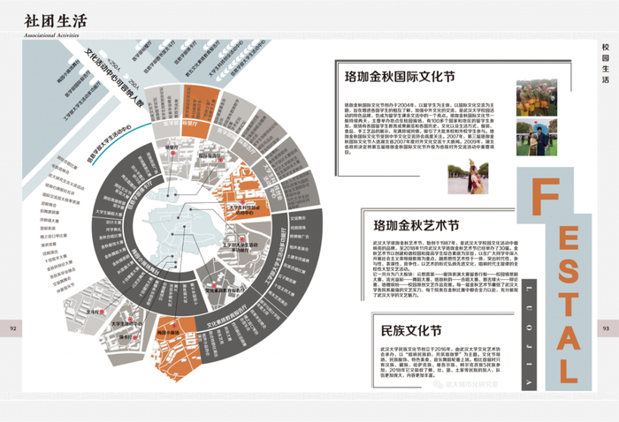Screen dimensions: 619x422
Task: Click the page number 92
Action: pyautogui.click(x=13, y=328)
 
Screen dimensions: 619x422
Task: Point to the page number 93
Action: pyautogui.click(x=606, y=328)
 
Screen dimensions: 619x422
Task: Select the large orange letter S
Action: pyautogui.click(x=570, y=244)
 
